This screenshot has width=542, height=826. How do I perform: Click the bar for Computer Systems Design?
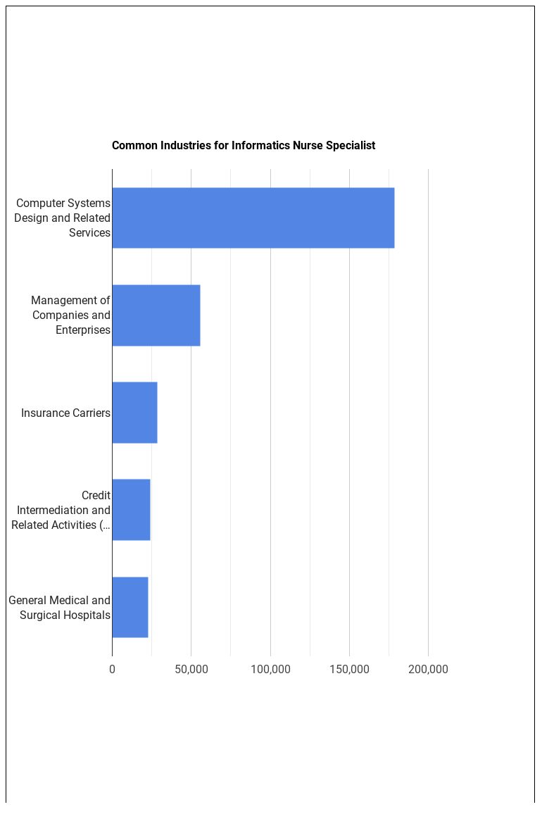(x=253, y=218)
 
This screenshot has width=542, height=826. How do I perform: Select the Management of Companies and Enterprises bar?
(x=156, y=315)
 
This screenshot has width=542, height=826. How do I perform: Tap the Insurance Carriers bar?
(x=134, y=413)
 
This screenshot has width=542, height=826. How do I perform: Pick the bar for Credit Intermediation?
(x=131, y=510)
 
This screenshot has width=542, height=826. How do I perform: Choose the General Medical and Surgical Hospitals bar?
(x=130, y=607)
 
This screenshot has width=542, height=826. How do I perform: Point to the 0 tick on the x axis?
(x=112, y=669)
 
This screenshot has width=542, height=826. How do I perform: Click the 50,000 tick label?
(x=191, y=669)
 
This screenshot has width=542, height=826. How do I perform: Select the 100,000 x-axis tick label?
(x=270, y=669)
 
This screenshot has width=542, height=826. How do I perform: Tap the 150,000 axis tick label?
(x=349, y=669)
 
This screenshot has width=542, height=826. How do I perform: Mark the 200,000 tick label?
(x=428, y=669)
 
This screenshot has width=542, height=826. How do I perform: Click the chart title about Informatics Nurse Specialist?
(x=243, y=146)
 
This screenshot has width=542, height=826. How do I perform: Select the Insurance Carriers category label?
(x=65, y=413)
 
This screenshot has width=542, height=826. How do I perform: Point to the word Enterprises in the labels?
(x=83, y=330)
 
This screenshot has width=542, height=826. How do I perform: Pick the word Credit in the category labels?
(x=96, y=495)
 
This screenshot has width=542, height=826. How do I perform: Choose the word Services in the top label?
(x=89, y=232)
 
